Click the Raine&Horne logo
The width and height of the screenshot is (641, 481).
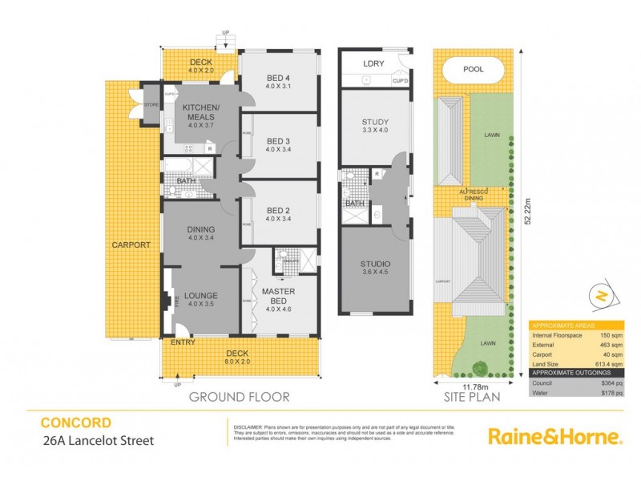point(555,436)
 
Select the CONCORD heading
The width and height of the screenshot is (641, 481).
point(76,422)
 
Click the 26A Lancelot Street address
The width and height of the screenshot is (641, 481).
point(96,439)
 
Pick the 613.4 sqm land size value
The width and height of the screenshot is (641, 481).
point(612,362)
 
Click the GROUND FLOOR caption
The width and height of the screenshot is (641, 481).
point(239,397)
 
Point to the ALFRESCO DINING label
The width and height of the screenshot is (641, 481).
point(473,195)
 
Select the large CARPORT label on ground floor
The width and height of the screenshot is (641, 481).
point(131,245)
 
